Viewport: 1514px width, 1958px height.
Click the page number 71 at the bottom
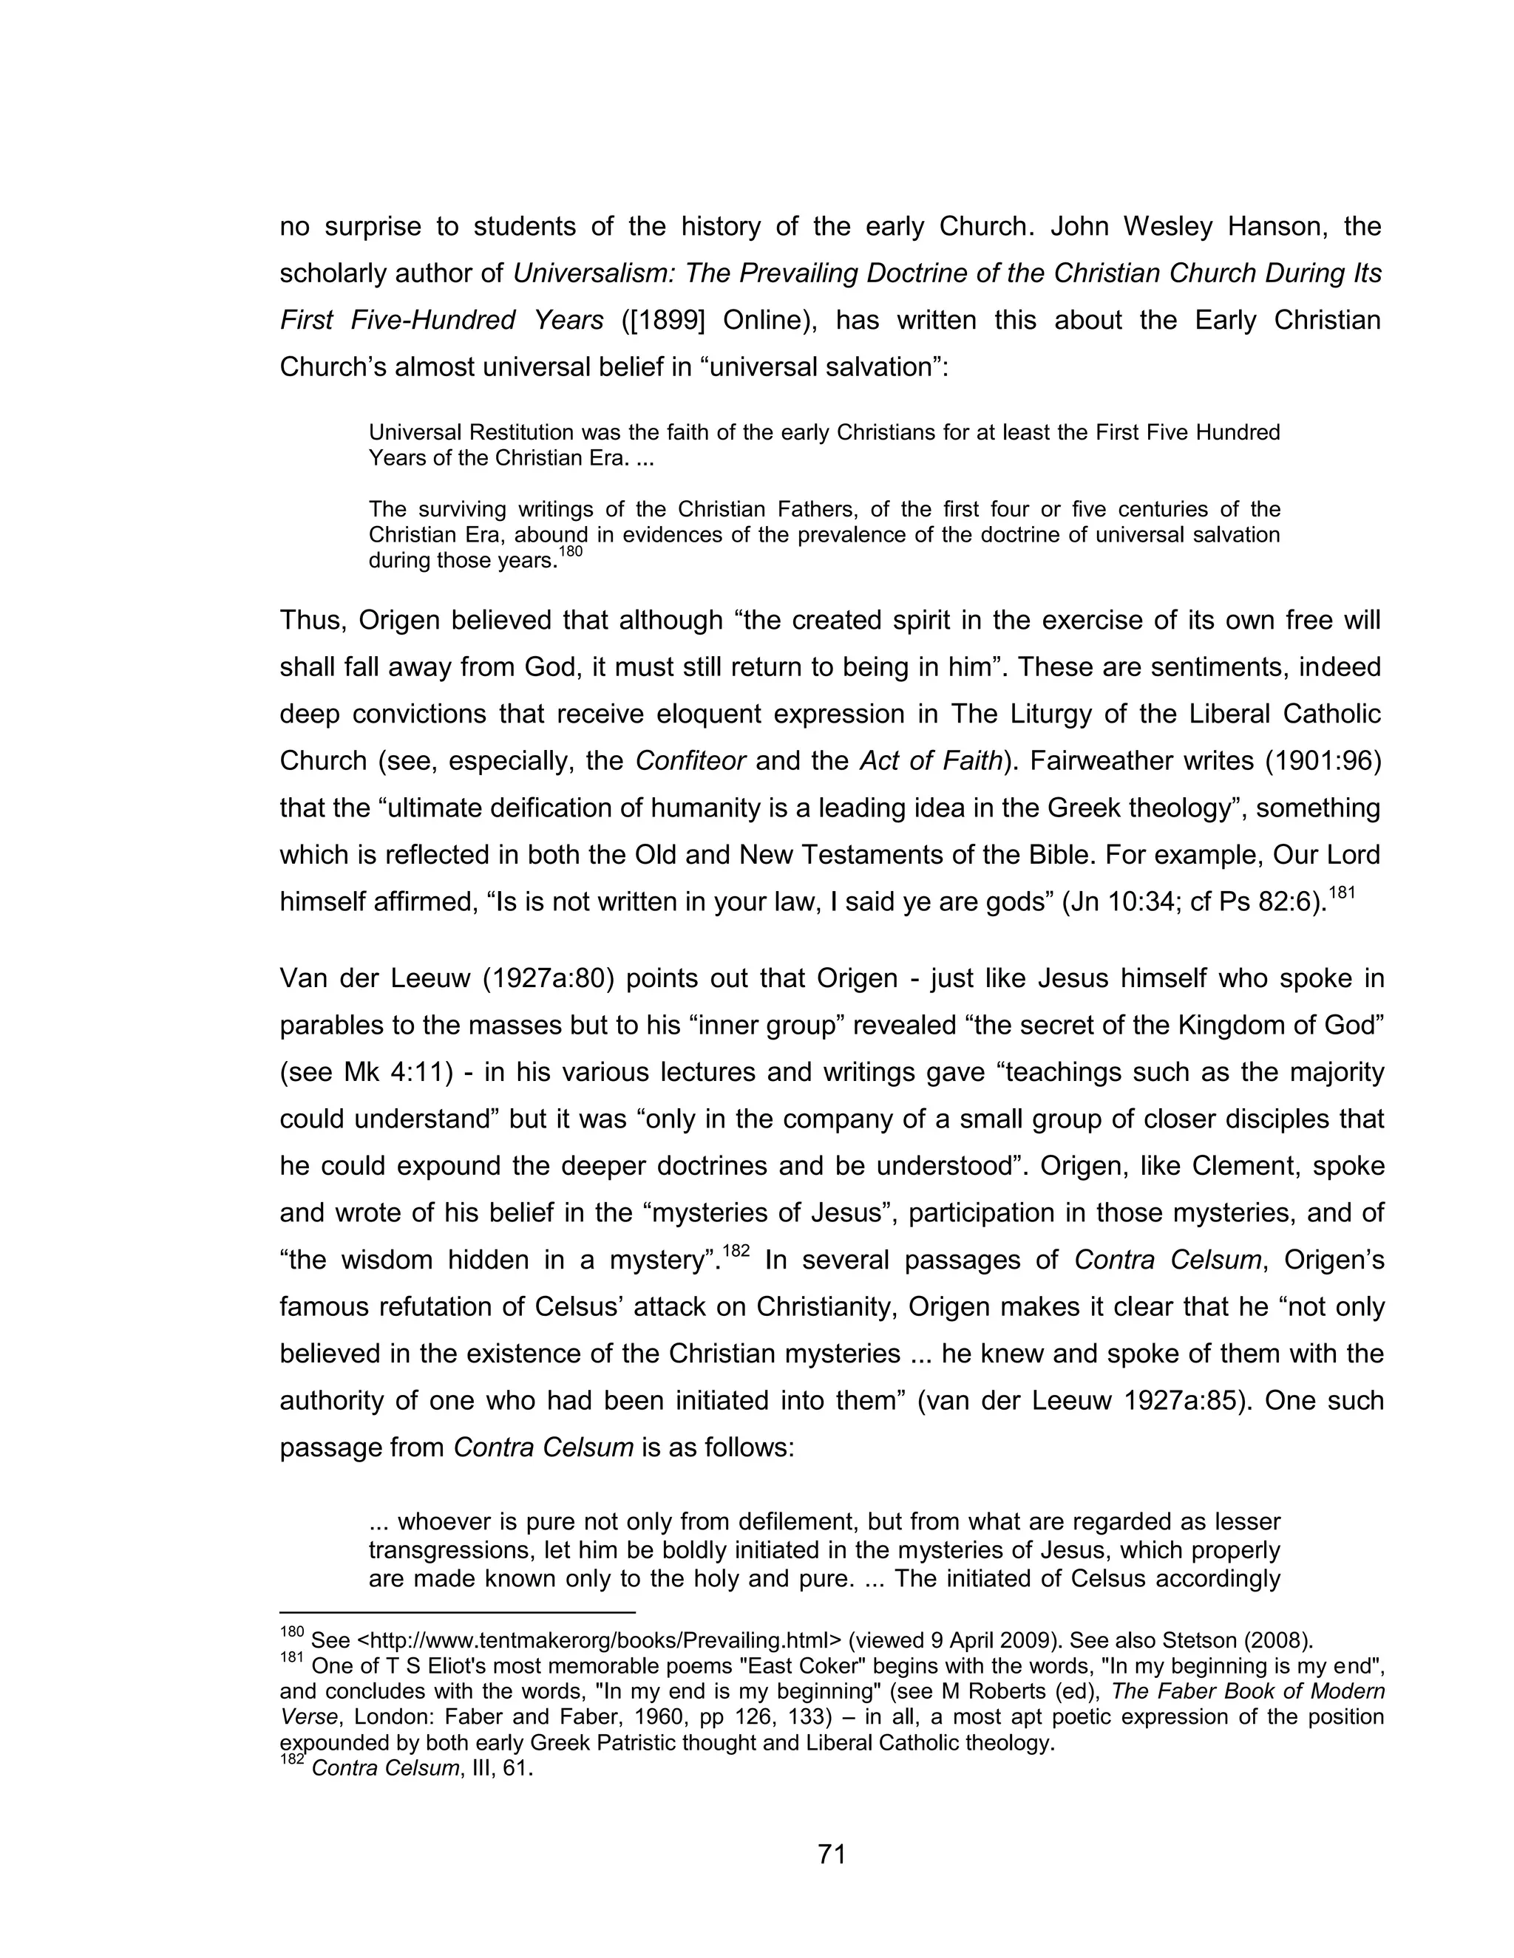point(832,1853)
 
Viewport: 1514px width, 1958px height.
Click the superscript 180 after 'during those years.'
point(571,552)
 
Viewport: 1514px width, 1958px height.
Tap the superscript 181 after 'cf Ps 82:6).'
point(1342,892)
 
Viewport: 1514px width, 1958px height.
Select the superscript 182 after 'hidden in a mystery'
point(736,1251)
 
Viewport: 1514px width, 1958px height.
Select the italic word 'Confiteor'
point(690,761)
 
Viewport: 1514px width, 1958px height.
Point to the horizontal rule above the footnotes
point(458,1613)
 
